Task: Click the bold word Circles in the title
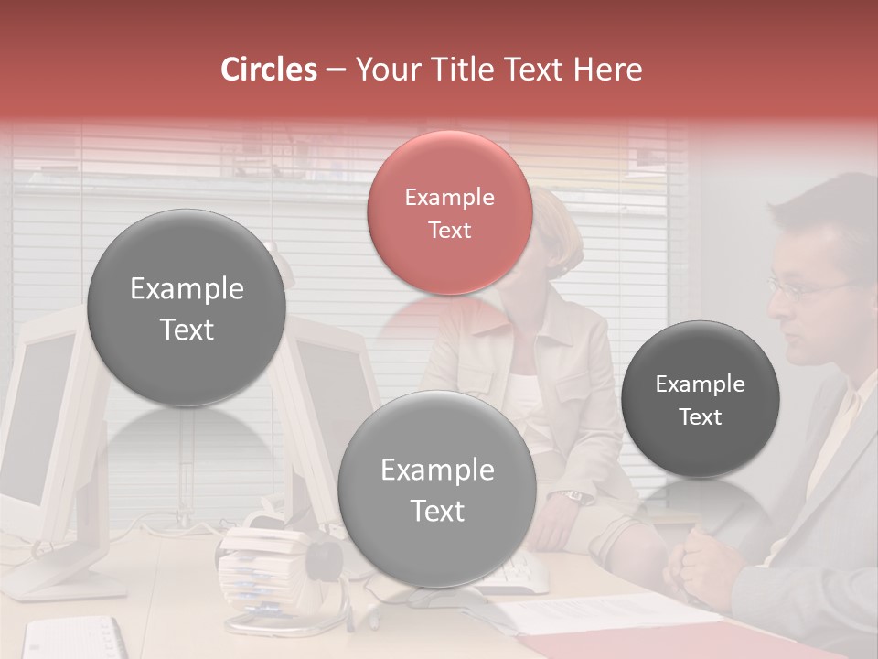269,70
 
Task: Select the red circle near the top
450,212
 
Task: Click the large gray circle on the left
187,308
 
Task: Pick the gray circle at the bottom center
437,489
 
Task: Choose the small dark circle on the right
701,399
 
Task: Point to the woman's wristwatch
574,495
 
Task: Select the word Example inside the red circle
449,198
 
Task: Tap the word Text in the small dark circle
701,417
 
